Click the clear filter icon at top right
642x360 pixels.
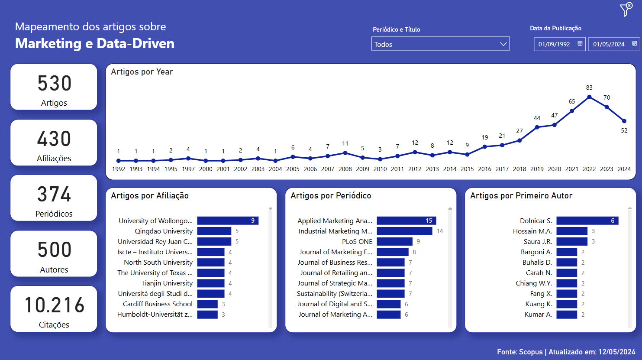[x=626, y=9]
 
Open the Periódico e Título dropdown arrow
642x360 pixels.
[x=503, y=44]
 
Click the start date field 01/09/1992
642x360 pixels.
[x=554, y=44]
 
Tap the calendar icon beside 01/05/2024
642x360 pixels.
[x=635, y=44]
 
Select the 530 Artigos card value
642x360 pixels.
[x=54, y=83]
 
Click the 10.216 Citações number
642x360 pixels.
[x=54, y=305]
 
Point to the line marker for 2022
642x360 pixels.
[x=589, y=97]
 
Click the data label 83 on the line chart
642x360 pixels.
[x=589, y=88]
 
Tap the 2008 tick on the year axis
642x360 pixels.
[x=345, y=169]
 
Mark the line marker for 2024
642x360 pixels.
[x=624, y=121]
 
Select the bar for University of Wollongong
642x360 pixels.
[x=228, y=221]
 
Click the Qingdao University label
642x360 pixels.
[x=163, y=231]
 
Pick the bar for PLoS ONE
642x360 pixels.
[x=394, y=241]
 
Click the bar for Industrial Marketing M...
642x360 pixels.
[x=404, y=231]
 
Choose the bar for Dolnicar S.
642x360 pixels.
[x=587, y=221]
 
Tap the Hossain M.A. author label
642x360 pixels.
[x=532, y=231]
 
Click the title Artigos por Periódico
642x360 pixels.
[x=331, y=196]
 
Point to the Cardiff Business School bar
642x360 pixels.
[x=207, y=304]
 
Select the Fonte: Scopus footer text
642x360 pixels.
[x=519, y=352]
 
